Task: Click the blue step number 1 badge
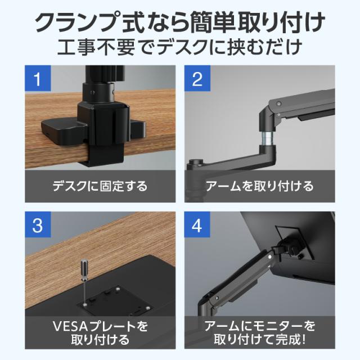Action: coord(38,78)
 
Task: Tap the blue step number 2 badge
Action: coord(197,78)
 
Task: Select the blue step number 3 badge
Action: coord(38,224)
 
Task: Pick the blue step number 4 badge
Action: coord(197,224)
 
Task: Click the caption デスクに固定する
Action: coord(100,186)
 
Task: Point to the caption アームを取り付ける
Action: coord(260,186)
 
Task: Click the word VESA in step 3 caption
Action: coord(70,326)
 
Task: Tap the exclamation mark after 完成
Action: coord(304,339)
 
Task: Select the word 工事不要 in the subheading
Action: coord(96,47)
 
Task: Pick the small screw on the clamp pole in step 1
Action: coord(92,92)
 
